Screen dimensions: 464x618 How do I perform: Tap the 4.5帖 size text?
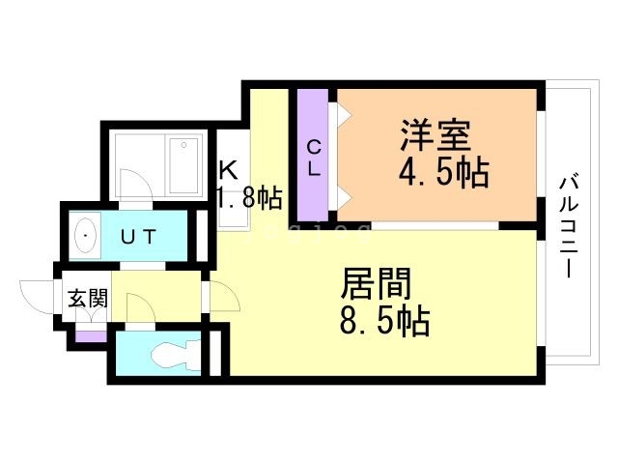pos(443,173)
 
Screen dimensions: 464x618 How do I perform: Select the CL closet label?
pos(314,158)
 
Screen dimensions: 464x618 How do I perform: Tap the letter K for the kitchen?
pos(228,170)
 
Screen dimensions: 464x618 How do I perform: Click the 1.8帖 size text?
pos(249,199)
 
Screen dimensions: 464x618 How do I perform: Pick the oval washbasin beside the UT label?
pos(86,235)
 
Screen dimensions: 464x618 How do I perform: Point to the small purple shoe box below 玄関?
pos(92,336)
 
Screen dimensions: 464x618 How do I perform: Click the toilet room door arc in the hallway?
pos(141,311)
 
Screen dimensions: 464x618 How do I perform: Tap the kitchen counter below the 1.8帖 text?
pos(234,218)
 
